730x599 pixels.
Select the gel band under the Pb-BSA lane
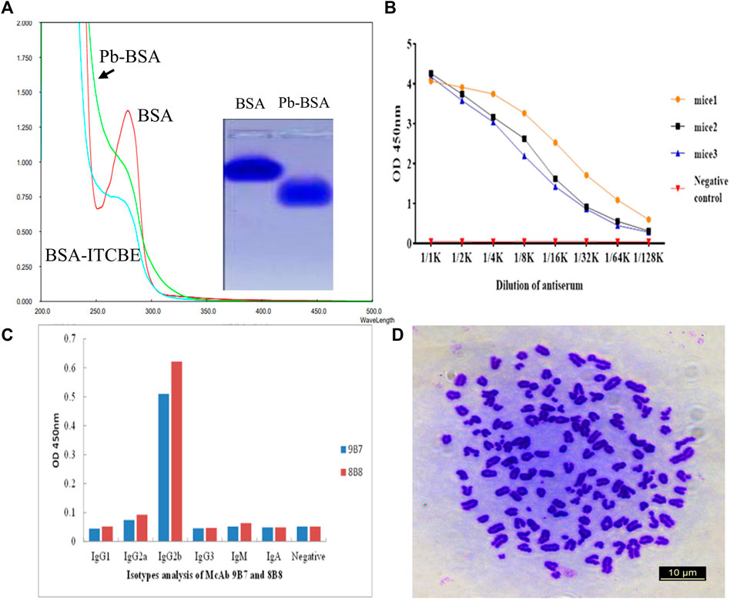coord(304,192)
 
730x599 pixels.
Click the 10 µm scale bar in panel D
coord(680,574)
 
